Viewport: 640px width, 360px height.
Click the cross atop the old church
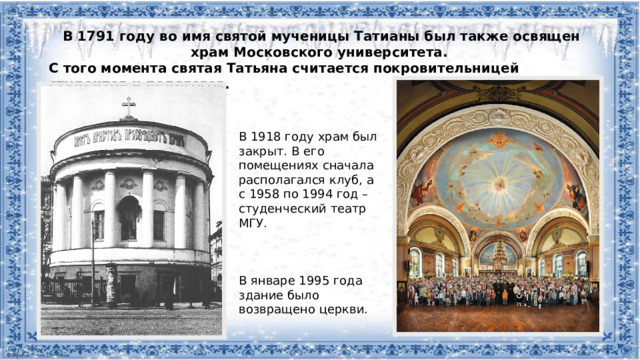point(128,105)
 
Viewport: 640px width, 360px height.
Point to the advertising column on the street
point(110,283)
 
